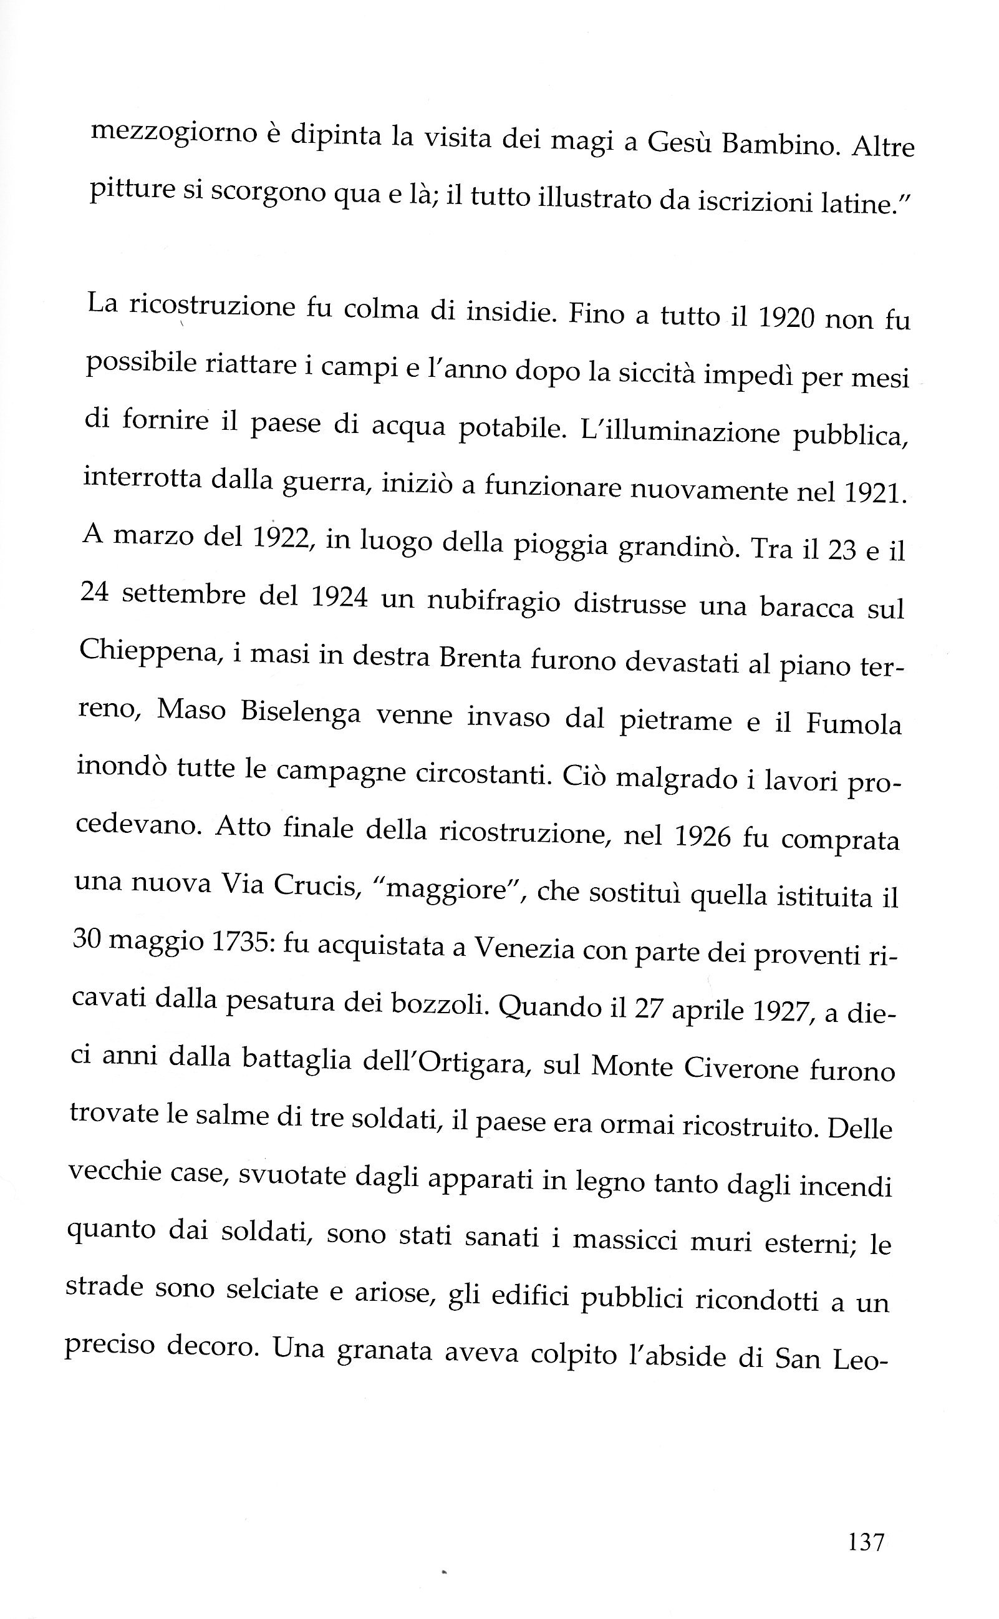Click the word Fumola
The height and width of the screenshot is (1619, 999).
click(854, 724)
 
